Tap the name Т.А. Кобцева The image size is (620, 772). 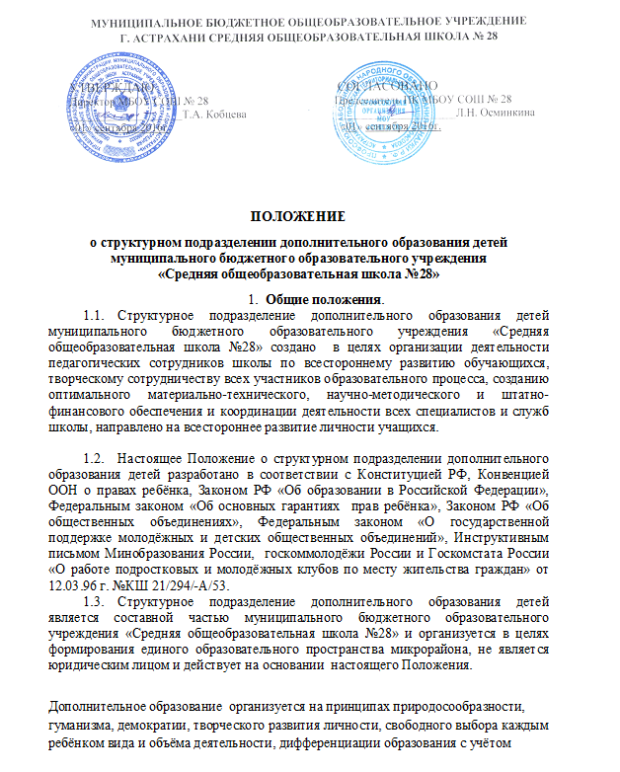coord(216,114)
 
